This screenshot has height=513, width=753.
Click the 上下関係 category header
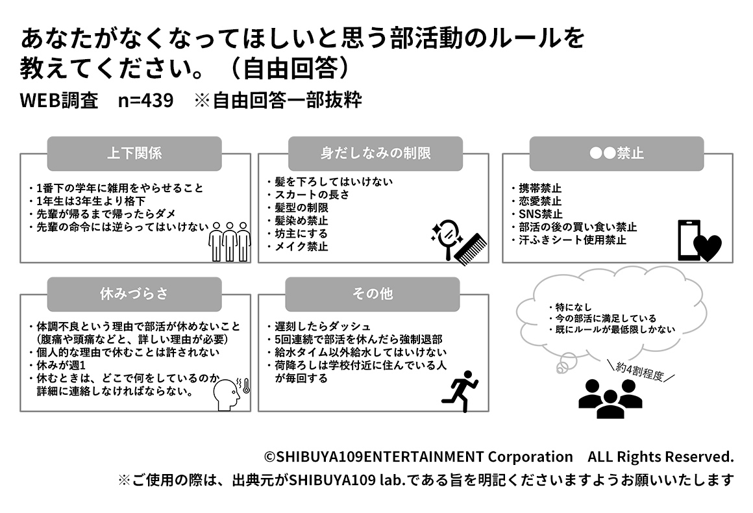pyautogui.click(x=134, y=154)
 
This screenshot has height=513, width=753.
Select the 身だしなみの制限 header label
pyautogui.click(x=375, y=154)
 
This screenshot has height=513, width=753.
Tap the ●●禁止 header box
pyautogui.click(x=617, y=154)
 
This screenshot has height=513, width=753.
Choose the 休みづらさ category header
pyautogui.click(x=134, y=294)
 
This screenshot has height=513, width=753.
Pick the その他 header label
pyautogui.click(x=373, y=294)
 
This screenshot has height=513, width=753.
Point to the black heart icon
pyautogui.click(x=707, y=247)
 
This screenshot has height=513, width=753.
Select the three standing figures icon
pyautogui.click(x=230, y=241)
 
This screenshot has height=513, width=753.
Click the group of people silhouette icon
pyautogui.click(x=610, y=397)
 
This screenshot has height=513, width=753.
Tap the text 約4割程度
pyautogui.click(x=640, y=372)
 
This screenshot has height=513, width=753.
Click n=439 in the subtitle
pyautogui.click(x=146, y=101)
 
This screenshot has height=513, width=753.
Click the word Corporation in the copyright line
pyautogui.click(x=530, y=457)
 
